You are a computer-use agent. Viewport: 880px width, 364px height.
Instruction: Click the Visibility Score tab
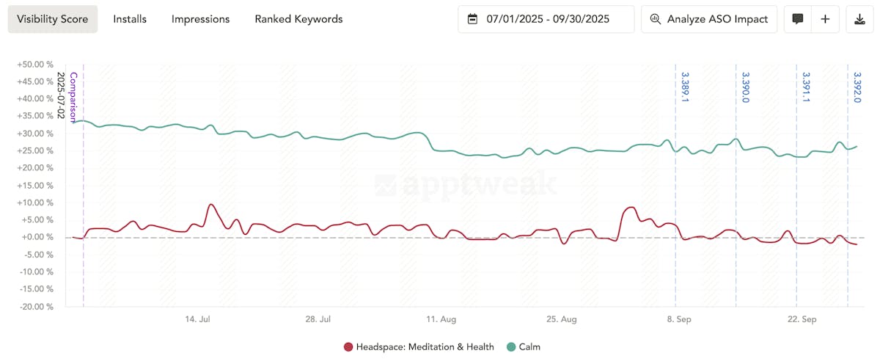(x=53, y=19)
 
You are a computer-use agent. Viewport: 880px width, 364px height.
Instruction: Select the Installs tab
(x=130, y=19)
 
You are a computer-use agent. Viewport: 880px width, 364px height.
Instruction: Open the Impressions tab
(x=200, y=19)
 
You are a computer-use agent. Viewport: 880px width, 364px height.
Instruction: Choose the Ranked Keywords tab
(x=298, y=19)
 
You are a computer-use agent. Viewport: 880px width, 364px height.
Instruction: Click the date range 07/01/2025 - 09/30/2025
(x=546, y=19)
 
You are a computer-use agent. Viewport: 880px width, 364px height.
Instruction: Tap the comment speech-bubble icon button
(x=798, y=19)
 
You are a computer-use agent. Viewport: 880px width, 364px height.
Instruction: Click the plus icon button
(x=825, y=19)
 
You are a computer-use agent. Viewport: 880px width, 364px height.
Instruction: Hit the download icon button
(x=859, y=19)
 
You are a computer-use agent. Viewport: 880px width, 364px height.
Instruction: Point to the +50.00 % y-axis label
(x=35, y=65)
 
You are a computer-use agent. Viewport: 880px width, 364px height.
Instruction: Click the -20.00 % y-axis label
(x=35, y=307)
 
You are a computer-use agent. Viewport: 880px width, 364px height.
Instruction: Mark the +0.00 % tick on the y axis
(x=37, y=238)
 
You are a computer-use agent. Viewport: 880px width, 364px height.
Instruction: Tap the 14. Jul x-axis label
(x=198, y=320)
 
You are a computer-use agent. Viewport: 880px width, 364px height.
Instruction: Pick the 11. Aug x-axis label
(x=441, y=320)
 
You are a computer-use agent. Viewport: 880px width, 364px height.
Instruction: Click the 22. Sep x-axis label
(x=802, y=320)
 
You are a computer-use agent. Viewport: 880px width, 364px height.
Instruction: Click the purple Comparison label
(x=73, y=97)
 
